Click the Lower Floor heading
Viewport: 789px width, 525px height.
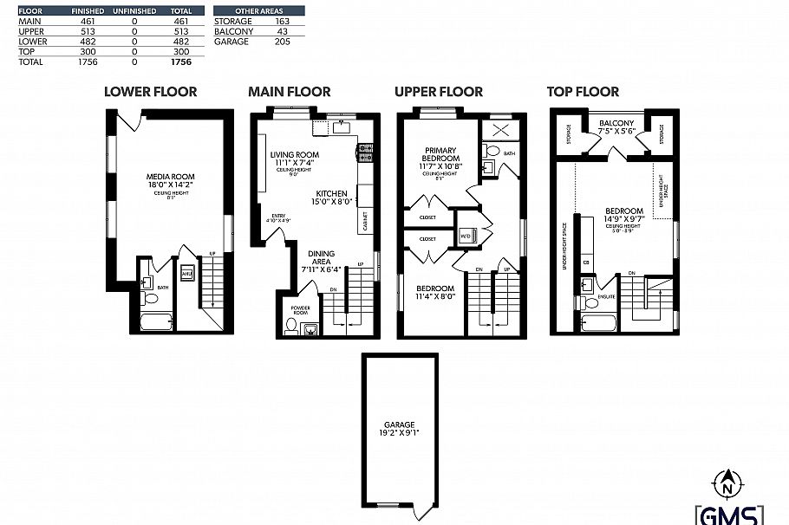150,91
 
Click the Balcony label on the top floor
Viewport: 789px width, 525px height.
616,123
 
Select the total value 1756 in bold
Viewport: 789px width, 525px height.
181,62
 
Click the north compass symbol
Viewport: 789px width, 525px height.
728,478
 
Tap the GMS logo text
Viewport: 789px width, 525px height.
728,513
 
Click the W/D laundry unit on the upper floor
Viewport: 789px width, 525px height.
466,235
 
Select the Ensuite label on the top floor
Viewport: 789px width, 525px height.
607,297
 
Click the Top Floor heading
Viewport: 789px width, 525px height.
583,91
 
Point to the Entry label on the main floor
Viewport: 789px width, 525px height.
278,217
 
